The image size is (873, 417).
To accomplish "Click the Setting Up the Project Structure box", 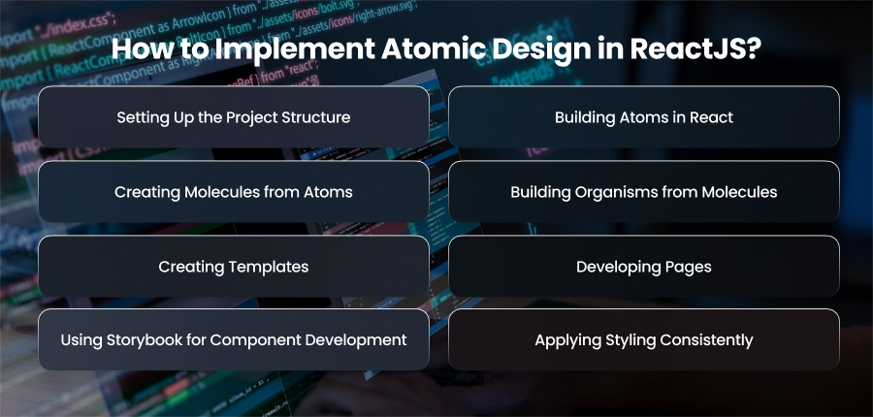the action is pyautogui.click(x=233, y=117).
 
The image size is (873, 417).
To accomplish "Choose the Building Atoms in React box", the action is pyautogui.click(x=644, y=117).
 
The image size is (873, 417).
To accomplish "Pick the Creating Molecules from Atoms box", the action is pyautogui.click(x=233, y=191).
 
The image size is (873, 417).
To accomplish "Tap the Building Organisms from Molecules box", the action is pyautogui.click(x=644, y=191).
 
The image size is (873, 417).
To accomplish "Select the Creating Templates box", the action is pyautogui.click(x=233, y=266).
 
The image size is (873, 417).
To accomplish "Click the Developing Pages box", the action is pyautogui.click(x=644, y=266).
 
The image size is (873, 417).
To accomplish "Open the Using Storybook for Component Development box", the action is pyautogui.click(x=233, y=339).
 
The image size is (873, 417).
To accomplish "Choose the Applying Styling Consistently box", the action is pyautogui.click(x=644, y=339).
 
